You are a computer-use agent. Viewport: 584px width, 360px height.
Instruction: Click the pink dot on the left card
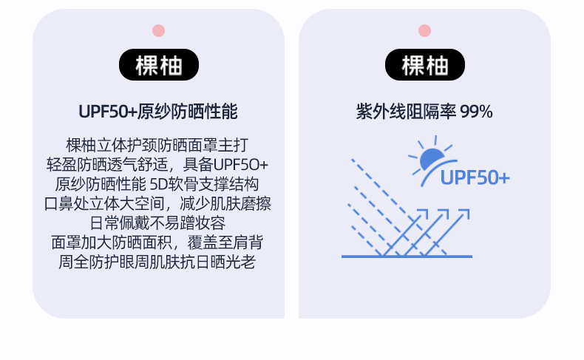tap(158, 30)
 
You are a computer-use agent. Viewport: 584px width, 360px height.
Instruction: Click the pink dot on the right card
tap(424, 30)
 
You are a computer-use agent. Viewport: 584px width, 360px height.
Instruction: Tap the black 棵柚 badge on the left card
tap(158, 65)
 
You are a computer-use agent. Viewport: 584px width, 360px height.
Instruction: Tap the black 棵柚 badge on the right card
tap(424, 65)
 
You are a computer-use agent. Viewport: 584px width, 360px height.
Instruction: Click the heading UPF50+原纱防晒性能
tap(158, 112)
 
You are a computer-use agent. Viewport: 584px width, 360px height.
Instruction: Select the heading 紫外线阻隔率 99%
tap(424, 112)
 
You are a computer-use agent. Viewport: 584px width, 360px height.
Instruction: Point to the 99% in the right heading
tap(476, 112)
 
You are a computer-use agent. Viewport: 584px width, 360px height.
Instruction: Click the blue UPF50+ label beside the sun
tap(475, 178)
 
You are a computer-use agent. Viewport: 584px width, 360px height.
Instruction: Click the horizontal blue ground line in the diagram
tap(407, 257)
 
